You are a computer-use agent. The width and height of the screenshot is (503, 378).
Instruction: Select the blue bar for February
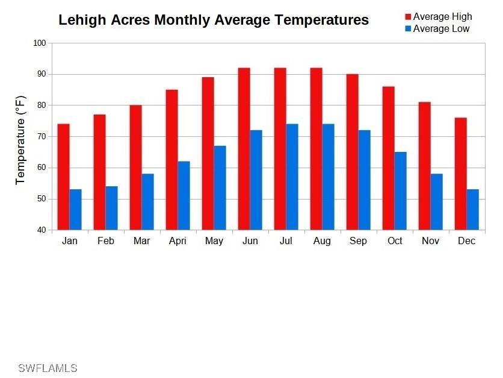point(111,208)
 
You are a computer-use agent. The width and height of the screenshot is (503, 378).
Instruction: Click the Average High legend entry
point(442,17)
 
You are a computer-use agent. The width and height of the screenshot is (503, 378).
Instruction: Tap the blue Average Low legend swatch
point(407,29)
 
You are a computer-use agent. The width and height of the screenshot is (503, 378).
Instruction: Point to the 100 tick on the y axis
point(39,43)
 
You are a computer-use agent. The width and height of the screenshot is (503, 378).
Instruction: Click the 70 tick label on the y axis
point(39,137)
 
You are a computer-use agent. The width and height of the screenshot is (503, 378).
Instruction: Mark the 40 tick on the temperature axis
point(39,230)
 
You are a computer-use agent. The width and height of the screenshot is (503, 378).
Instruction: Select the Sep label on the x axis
point(358,241)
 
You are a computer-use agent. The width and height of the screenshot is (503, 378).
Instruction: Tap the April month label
point(177,241)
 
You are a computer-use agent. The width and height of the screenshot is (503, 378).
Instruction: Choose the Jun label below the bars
point(250,241)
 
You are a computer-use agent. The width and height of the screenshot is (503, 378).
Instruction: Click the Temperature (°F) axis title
point(21,139)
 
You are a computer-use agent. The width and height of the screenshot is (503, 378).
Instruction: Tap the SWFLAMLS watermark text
point(48,368)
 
